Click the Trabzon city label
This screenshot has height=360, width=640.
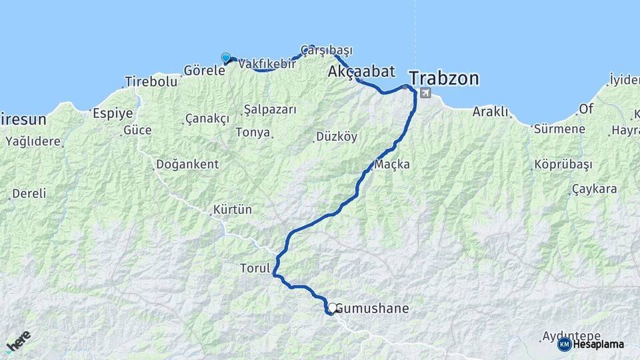444,79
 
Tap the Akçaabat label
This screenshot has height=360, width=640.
361,71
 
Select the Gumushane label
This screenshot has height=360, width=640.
372,309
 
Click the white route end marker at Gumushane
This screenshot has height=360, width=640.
331,307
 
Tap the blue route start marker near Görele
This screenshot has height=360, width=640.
226,58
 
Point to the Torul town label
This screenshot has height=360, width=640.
254,269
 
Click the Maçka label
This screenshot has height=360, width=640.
392,164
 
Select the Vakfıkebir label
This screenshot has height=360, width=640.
267,64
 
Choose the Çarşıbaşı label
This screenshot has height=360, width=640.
326,50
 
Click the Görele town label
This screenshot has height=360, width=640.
204,70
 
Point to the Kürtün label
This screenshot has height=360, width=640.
233,209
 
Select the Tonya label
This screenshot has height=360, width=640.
253,132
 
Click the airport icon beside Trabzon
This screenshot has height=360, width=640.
426,93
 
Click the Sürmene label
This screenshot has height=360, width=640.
559,129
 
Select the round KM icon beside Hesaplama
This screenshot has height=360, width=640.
564,344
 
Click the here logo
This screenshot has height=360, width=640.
19,341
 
